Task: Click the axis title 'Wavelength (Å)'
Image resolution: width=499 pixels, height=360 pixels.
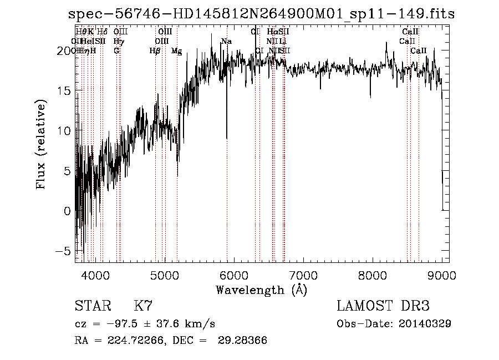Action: coord(261,290)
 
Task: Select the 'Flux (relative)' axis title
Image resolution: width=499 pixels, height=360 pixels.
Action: coord(42,145)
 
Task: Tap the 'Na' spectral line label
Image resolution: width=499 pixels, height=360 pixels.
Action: coord(226,42)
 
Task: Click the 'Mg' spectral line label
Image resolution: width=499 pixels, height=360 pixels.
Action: coord(176,51)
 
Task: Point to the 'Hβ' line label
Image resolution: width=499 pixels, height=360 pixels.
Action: coord(155,51)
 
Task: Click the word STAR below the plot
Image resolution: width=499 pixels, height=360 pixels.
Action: coord(92,306)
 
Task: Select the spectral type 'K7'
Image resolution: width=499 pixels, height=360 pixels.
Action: coord(143,306)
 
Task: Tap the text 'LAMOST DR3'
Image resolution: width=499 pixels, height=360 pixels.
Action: coord(383,306)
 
